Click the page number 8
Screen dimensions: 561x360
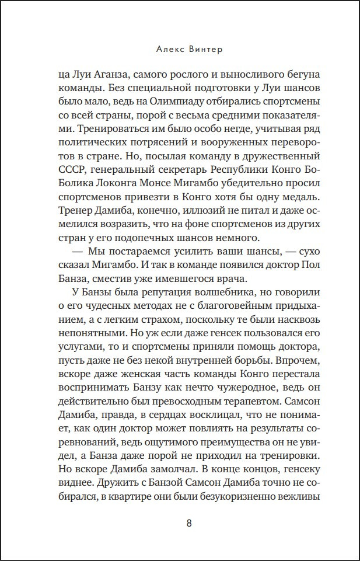coord(188,522)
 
